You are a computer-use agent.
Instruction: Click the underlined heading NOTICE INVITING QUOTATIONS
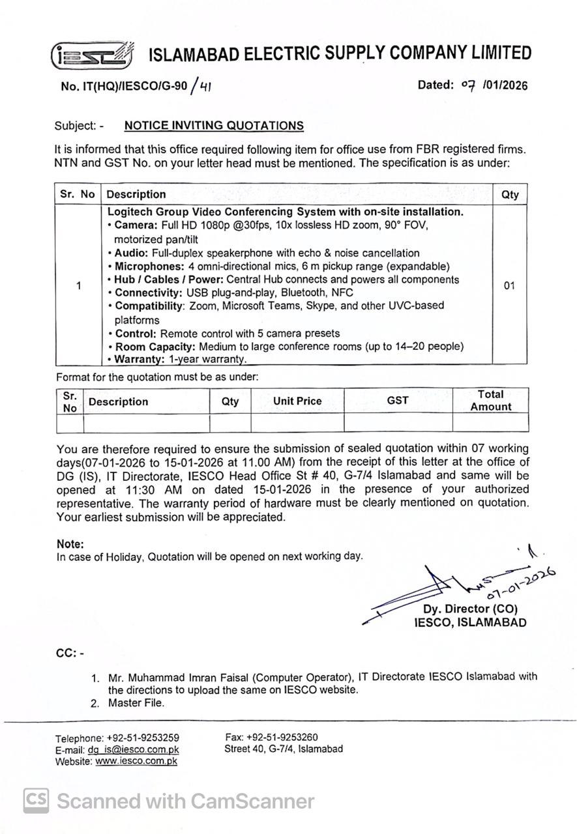point(214,126)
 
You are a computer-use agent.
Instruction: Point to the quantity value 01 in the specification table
point(509,286)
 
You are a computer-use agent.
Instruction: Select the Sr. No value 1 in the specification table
point(78,286)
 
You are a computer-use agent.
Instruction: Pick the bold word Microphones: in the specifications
point(147,266)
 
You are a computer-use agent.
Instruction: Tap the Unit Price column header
point(297,401)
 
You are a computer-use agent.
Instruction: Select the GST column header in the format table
point(398,401)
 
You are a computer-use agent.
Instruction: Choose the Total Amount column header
point(490,401)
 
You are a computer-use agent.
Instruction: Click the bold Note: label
point(70,544)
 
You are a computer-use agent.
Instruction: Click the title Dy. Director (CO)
point(470,609)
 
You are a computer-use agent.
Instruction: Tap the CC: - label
point(70,653)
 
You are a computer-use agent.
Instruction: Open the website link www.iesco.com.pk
point(136,761)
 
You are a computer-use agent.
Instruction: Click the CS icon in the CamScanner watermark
point(37,801)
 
